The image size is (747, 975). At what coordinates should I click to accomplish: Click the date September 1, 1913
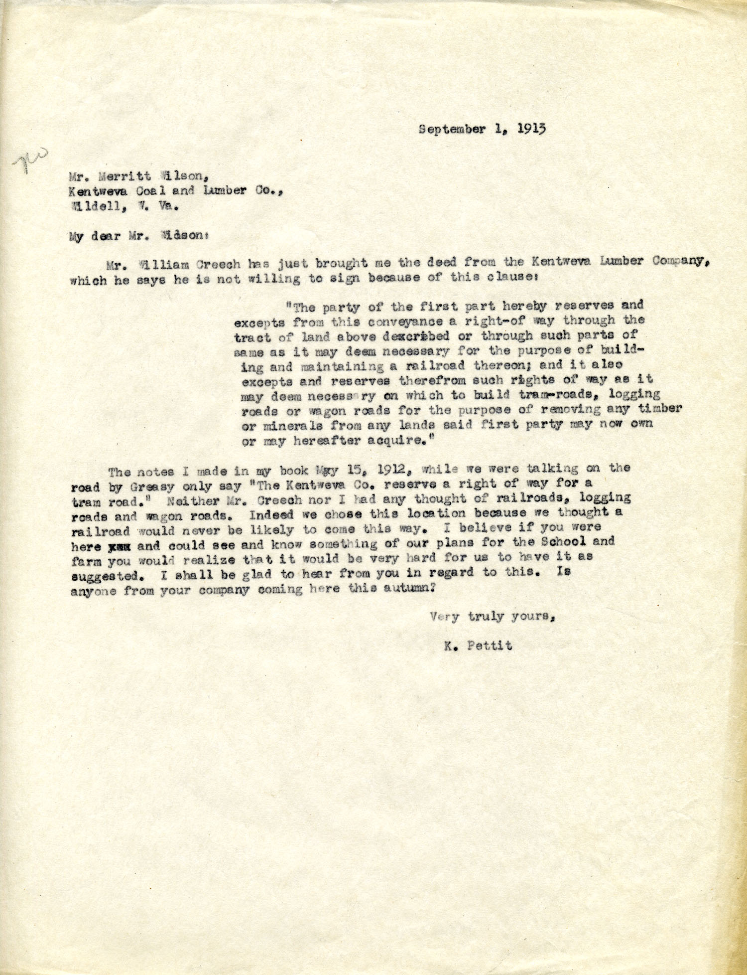[482, 129]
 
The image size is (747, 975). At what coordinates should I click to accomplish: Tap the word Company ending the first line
[674, 262]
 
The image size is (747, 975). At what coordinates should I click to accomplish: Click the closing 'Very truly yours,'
[492, 617]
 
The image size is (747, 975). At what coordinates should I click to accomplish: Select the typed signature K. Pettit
[479, 646]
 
